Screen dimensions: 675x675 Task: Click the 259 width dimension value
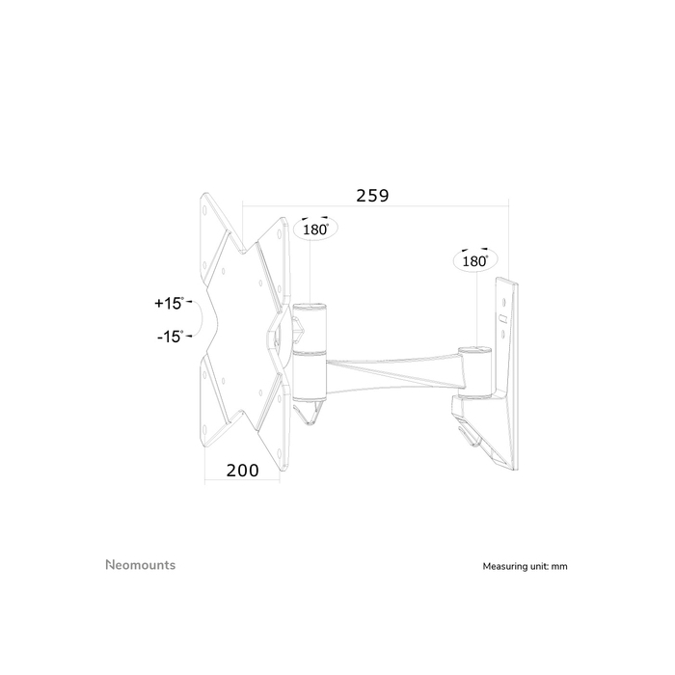point(372,195)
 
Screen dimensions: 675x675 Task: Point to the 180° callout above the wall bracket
point(474,260)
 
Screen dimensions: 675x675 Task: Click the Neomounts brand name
point(140,565)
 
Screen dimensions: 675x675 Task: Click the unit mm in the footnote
point(560,567)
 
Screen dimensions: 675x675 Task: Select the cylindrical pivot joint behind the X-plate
point(310,352)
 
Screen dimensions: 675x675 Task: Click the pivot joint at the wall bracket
point(472,371)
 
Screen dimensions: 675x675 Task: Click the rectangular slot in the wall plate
point(502,316)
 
